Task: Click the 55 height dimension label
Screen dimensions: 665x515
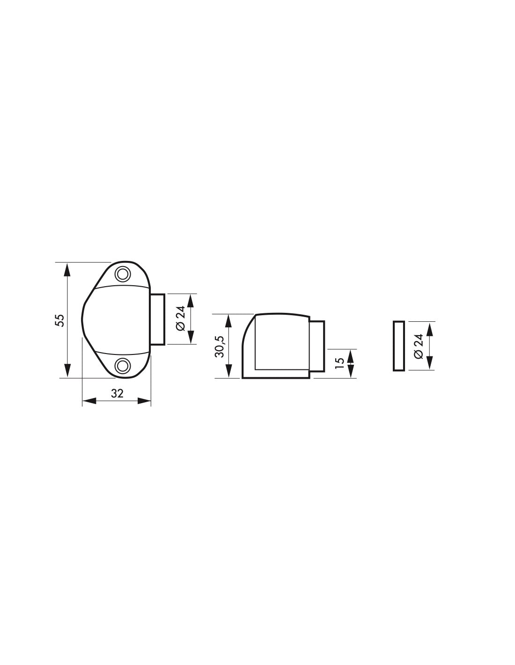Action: [x=60, y=320]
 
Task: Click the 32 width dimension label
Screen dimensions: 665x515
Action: [x=117, y=393]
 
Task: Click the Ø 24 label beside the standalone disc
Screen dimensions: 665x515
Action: [x=419, y=346]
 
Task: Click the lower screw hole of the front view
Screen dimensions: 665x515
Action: [x=123, y=365]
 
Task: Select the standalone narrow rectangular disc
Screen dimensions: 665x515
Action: [x=399, y=346]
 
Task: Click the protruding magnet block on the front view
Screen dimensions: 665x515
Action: [x=158, y=319]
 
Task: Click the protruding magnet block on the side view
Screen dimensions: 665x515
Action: [x=317, y=347]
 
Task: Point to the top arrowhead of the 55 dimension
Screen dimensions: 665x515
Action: [x=68, y=268]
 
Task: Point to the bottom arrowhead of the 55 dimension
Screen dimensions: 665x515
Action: [x=68, y=371]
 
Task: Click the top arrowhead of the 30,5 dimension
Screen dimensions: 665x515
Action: [x=229, y=319]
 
